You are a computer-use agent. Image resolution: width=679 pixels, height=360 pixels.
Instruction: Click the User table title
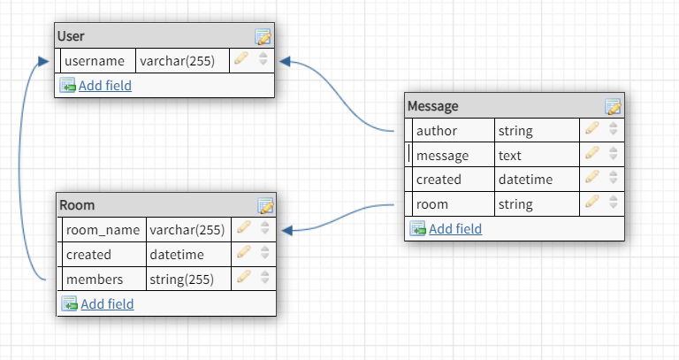[71, 36]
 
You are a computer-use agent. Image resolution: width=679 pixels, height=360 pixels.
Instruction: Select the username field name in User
[95, 61]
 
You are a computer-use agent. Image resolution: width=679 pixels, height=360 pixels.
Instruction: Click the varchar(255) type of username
[181, 61]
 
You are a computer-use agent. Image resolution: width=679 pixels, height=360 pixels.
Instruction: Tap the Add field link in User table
[104, 86]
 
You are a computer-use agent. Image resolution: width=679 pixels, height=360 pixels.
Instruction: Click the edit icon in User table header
[263, 37]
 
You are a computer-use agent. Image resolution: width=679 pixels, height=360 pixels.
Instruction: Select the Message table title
[432, 106]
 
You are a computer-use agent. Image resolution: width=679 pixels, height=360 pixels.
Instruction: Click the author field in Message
[436, 131]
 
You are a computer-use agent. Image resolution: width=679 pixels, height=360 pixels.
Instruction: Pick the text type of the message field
[510, 156]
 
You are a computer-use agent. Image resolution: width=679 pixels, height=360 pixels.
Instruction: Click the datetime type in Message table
[525, 180]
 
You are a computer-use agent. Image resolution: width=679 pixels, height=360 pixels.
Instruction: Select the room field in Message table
[432, 204]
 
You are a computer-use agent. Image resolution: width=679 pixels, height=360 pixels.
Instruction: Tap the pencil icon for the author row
[592, 129]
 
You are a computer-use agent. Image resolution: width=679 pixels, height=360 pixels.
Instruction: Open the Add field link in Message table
[455, 229]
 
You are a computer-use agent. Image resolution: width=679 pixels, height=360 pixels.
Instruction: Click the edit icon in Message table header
[613, 107]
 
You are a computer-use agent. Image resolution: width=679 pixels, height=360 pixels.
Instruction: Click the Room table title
[77, 205]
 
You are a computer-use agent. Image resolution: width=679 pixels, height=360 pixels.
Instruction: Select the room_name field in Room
[103, 230]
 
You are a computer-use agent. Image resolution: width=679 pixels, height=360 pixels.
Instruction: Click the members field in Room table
[95, 280]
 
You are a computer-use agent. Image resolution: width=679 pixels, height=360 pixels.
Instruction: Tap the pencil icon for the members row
[243, 278]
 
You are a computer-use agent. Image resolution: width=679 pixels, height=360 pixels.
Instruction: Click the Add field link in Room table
[107, 304]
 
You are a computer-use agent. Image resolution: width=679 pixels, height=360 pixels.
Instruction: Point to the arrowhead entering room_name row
[287, 230]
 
